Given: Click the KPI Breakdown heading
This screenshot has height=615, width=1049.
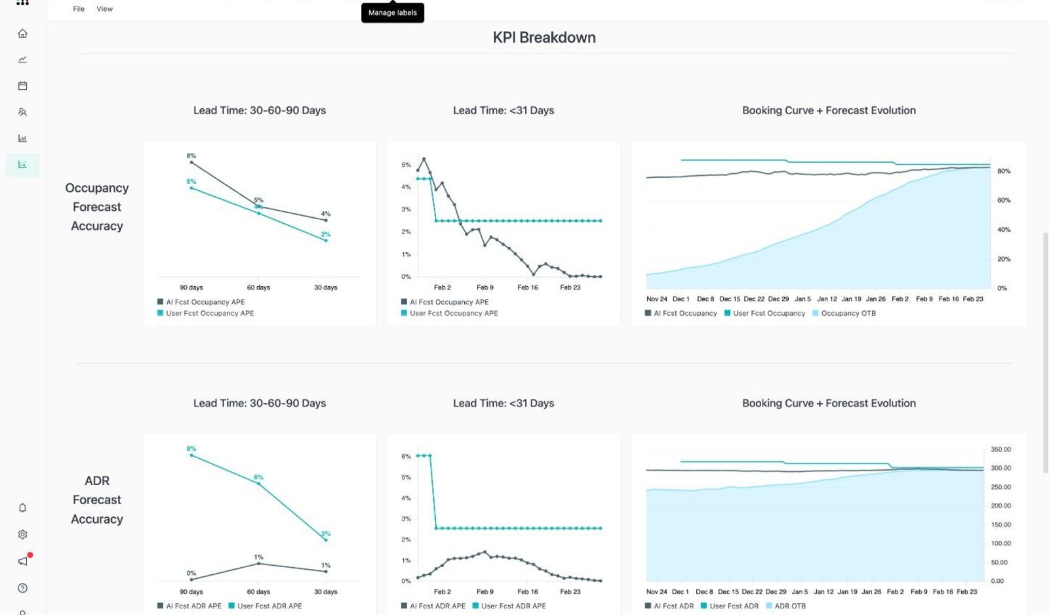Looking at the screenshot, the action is pyautogui.click(x=544, y=37).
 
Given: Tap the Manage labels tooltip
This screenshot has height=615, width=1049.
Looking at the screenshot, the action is pyautogui.click(x=393, y=12).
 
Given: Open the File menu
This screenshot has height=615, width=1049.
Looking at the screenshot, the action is pyautogui.click(x=79, y=9).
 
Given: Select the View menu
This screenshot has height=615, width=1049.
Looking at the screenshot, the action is pyautogui.click(x=104, y=9).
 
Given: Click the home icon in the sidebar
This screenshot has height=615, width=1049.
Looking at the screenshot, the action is pyautogui.click(x=22, y=33).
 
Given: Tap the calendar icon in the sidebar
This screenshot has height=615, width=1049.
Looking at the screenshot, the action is pyautogui.click(x=22, y=86).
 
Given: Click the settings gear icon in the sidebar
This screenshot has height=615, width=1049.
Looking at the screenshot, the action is pyautogui.click(x=22, y=534).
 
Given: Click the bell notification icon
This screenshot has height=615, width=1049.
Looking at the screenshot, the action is pyautogui.click(x=22, y=507).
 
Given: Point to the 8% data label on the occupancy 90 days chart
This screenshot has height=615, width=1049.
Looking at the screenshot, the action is pyautogui.click(x=191, y=156).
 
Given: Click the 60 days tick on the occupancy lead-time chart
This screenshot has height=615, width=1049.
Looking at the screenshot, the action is pyautogui.click(x=258, y=287).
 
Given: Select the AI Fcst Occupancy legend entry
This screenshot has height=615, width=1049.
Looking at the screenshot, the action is pyautogui.click(x=681, y=313).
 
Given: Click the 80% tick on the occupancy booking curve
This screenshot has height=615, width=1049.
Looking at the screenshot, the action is pyautogui.click(x=1004, y=171).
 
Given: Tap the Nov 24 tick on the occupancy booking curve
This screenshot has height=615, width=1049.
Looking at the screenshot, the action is pyautogui.click(x=656, y=299).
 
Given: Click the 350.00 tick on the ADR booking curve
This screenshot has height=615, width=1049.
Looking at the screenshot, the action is pyautogui.click(x=1000, y=449).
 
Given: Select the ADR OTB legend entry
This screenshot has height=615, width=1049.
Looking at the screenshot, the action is pyautogui.click(x=786, y=606).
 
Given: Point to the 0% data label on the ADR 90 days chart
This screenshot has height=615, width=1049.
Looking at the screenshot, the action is pyautogui.click(x=191, y=573).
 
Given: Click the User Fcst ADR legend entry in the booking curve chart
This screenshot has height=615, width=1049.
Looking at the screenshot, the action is pyautogui.click(x=730, y=606).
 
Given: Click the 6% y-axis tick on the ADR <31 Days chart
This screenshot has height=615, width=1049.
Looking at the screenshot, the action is pyautogui.click(x=406, y=456).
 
